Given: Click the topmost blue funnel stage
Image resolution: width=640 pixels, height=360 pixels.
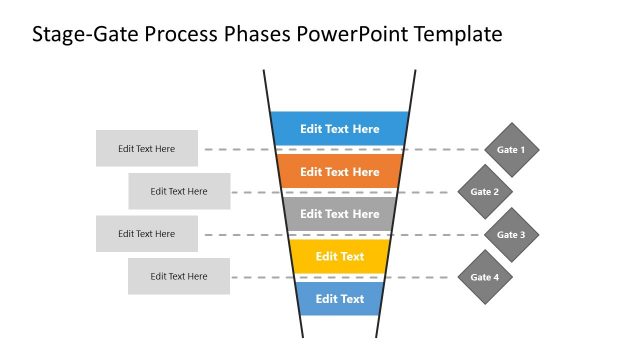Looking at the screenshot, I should click(x=340, y=128).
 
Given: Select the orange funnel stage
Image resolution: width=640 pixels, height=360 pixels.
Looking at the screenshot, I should click(x=340, y=171).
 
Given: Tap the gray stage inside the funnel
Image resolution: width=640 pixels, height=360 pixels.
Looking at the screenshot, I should click(x=340, y=213).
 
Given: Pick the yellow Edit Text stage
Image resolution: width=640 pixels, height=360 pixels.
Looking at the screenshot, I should click(x=340, y=256).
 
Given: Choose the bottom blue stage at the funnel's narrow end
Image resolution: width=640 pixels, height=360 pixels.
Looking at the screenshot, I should click(x=340, y=298).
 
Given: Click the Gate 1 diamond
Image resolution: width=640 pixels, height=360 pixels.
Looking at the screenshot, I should click(x=511, y=150).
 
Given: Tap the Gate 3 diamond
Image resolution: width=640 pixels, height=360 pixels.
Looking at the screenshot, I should click(x=511, y=235).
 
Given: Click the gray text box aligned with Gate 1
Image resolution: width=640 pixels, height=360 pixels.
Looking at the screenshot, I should click(x=147, y=149).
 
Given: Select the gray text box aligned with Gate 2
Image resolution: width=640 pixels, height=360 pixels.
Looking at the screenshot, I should click(x=179, y=191).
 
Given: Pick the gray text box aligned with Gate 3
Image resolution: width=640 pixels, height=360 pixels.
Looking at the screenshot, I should click(x=147, y=234).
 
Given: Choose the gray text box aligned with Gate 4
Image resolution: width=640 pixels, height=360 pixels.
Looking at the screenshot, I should click(x=179, y=276).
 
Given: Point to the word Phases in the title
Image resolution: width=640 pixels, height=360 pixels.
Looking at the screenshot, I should click(x=257, y=35).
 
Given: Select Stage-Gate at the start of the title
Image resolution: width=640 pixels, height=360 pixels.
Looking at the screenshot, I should click(x=81, y=35).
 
